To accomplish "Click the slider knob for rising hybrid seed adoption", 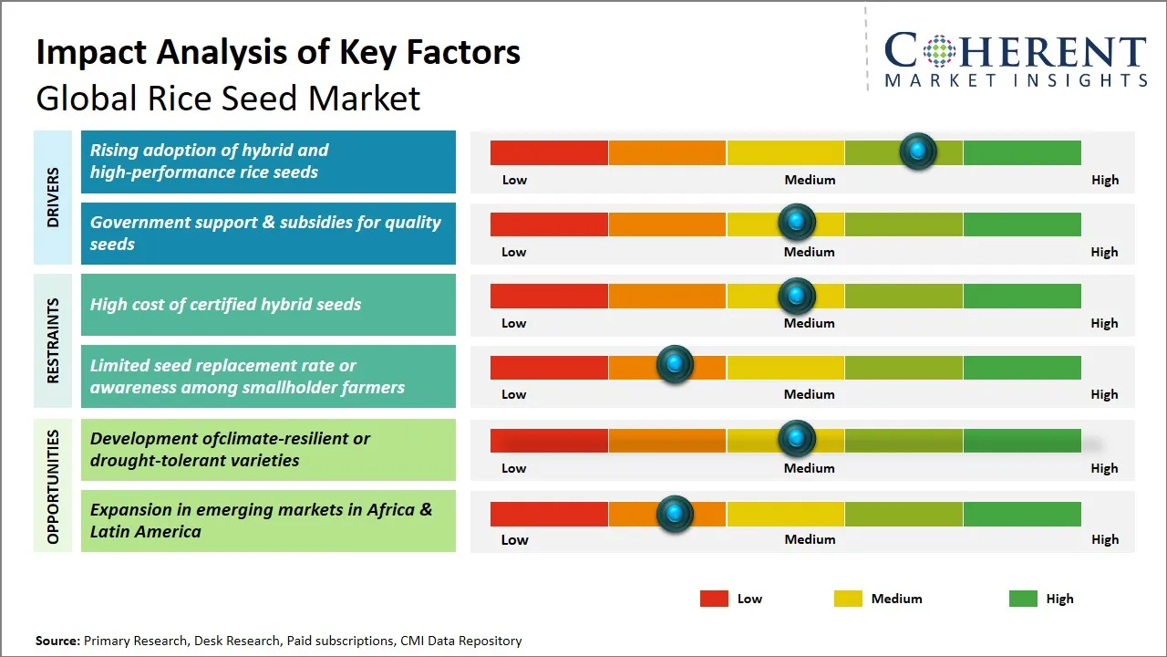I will point(918,151).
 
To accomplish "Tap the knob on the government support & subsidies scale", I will point(797,222).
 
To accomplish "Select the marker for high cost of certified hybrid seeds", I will point(797,296).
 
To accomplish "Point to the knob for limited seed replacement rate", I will point(675,365).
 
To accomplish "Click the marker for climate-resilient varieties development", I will point(797,439).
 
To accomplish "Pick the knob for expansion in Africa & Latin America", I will point(675,513).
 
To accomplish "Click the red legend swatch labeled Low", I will point(714,599).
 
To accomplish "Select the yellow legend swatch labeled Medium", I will point(848,599).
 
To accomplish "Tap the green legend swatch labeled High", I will point(1023,599).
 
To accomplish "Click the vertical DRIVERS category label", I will point(53,197).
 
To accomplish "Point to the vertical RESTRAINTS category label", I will point(53,340).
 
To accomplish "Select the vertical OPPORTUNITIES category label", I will point(53,485).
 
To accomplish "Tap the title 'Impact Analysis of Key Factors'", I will point(278,52).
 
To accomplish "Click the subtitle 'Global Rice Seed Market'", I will point(228,98).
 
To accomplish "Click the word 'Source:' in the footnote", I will point(57,641).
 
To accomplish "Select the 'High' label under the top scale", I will point(1104,180).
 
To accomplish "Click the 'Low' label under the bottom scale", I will point(514,539).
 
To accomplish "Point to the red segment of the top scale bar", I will point(549,152).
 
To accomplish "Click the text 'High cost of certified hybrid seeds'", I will point(225,305).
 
